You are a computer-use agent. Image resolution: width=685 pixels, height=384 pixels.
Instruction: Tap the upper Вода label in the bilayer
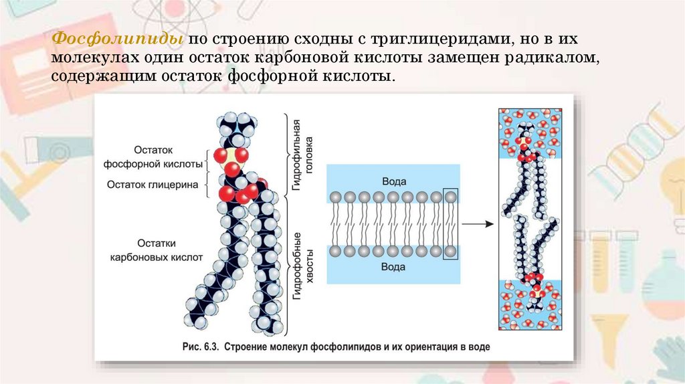[x=393, y=181]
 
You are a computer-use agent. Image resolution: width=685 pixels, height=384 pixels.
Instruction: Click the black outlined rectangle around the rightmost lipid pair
[x=452, y=225]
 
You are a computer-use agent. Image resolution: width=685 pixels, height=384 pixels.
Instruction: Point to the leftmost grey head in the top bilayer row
[x=335, y=197]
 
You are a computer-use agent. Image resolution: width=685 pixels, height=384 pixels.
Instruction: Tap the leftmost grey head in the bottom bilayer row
[x=335, y=252]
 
